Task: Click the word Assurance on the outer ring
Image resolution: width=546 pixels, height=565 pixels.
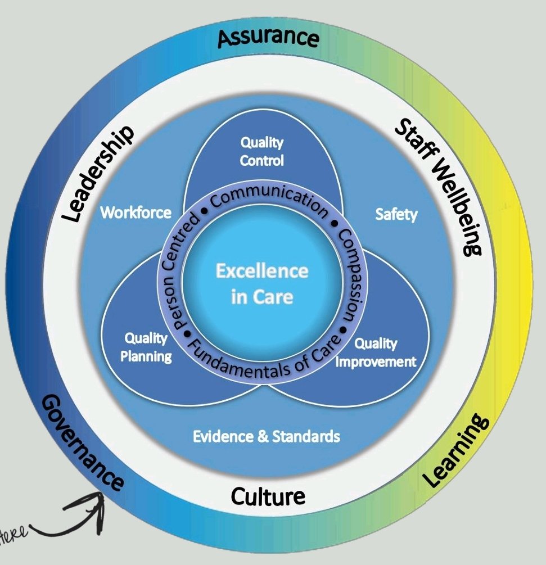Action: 268,38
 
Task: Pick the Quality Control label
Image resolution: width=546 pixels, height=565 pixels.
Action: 261,151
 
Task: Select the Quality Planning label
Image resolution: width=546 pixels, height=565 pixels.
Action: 147,347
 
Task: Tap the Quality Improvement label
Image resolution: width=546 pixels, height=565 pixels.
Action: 376,352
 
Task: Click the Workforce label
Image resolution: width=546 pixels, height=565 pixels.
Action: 136,213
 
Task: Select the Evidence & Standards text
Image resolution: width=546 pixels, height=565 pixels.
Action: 266,436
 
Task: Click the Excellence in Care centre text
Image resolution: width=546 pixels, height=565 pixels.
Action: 262,283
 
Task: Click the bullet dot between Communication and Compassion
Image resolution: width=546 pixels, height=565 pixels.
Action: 333,224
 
